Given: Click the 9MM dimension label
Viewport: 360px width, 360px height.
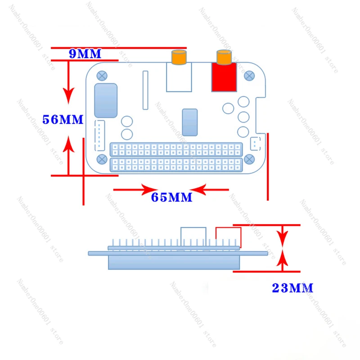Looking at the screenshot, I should tap(85, 54).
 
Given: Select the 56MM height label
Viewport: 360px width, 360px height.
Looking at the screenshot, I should tap(63, 120).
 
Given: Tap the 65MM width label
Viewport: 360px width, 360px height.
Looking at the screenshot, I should tap(171, 197).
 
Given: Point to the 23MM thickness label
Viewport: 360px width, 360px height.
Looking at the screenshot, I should tap(292, 288).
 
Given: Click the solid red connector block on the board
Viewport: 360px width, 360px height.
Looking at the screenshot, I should tap(224, 77).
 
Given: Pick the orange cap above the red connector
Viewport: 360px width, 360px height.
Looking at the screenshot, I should tap(224, 58).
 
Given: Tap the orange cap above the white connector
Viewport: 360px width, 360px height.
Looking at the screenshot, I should tap(178, 58).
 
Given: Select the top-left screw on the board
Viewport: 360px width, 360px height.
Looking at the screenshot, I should tap(103, 75).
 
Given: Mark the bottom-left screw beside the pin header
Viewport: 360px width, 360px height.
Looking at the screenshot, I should tap(102, 159).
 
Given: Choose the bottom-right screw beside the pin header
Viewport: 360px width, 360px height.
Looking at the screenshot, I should tap(248, 159).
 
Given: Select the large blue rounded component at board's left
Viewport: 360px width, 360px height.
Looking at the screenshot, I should tap(106, 100).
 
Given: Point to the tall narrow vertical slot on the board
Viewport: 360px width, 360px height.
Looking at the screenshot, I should tap(145, 90).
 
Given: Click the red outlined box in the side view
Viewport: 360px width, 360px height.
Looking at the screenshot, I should tap(229, 236).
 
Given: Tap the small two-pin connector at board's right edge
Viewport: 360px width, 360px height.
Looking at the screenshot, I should tap(255, 144).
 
